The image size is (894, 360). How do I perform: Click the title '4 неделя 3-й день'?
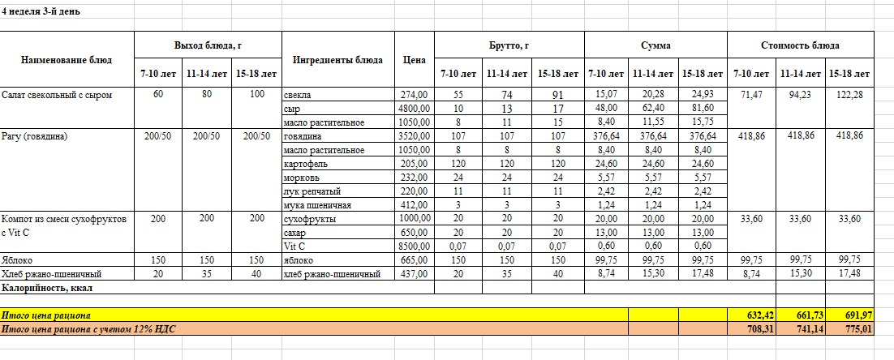click(x=40, y=12)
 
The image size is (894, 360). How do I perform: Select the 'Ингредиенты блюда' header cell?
click(x=337, y=60)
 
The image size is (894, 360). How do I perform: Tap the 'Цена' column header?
click(x=414, y=60)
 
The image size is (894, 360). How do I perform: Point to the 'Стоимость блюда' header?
click(x=800, y=45)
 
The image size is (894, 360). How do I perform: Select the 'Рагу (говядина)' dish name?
click(x=34, y=136)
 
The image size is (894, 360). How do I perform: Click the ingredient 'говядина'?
click(x=304, y=136)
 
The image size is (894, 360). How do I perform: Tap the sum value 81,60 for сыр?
click(x=702, y=109)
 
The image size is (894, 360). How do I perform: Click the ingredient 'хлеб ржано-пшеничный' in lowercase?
click(x=333, y=274)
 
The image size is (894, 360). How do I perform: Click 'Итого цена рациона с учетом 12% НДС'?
click(x=88, y=329)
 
